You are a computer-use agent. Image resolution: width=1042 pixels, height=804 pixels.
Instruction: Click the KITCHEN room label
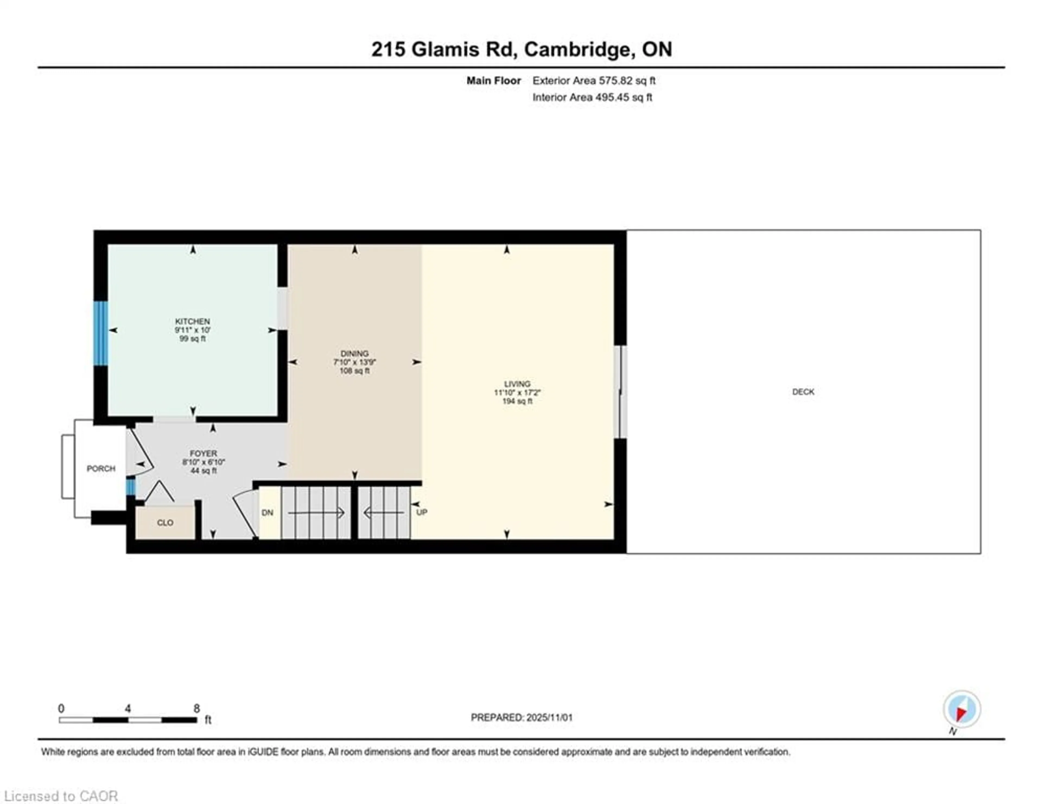coord(192,321)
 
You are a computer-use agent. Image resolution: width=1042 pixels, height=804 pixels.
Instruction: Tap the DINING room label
coord(354,353)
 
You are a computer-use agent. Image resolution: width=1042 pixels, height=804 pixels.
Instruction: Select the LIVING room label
coord(517,384)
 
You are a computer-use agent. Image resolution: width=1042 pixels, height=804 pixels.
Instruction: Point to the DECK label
coord(803,391)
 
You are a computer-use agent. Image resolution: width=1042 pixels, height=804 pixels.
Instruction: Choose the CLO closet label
coord(165,523)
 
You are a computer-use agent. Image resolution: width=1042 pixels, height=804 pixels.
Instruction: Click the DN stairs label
coord(268,513)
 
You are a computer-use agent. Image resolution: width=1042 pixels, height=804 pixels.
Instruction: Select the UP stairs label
coord(422,512)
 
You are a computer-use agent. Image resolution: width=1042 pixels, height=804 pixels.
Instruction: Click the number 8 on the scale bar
coord(196,709)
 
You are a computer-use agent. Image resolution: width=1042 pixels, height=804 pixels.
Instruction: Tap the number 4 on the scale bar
coord(128,709)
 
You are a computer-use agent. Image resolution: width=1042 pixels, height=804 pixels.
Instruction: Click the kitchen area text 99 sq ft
coord(192,339)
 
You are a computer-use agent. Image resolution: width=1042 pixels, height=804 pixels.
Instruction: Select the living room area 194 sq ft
coord(517,401)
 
